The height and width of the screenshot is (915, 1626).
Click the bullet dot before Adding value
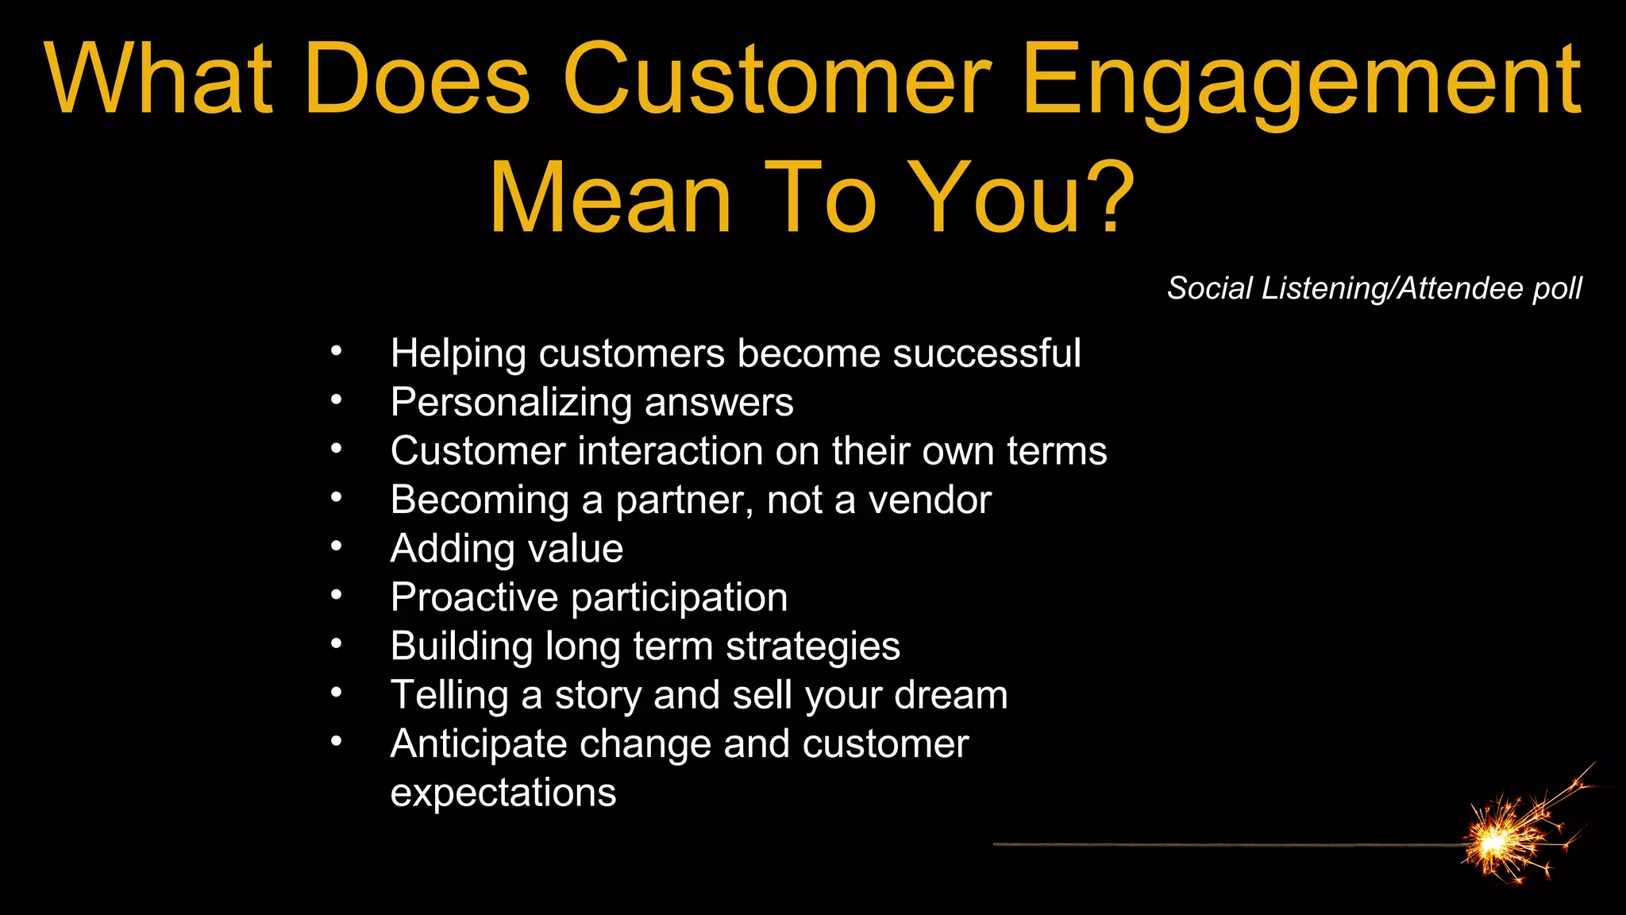[337, 546]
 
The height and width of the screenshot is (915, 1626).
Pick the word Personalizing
[511, 403]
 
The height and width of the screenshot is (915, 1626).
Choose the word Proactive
[474, 597]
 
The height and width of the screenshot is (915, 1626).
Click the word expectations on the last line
[503, 793]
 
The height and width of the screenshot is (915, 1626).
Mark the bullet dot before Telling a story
[337, 693]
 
